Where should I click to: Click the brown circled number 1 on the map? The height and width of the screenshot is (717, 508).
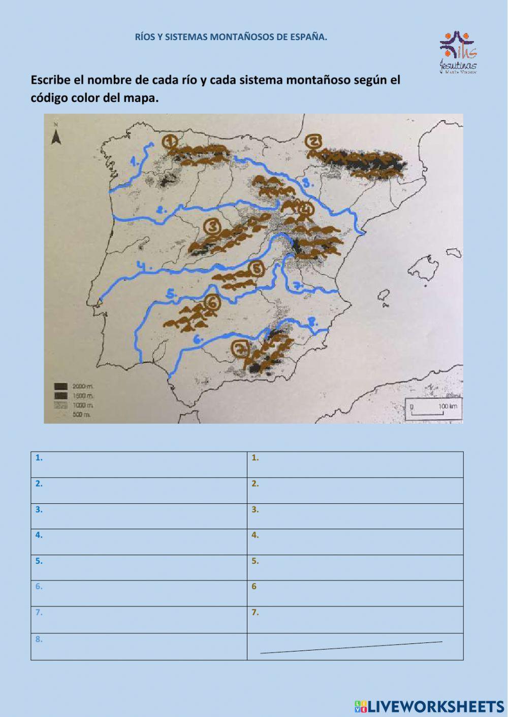170,141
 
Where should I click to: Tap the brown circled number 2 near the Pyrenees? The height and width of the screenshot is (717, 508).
313,143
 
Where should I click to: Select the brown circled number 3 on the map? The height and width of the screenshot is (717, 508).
211,226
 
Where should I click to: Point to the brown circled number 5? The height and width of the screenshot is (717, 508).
257,268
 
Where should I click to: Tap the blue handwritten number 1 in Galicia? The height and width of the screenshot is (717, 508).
135,162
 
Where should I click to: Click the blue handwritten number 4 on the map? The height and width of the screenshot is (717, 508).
144,265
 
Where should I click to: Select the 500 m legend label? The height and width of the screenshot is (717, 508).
81,415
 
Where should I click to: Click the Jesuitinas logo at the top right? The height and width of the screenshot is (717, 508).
458,52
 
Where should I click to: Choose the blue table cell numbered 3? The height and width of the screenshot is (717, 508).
139,516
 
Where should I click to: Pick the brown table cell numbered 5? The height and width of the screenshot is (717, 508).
355,567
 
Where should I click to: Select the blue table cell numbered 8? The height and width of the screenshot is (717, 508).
139,646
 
